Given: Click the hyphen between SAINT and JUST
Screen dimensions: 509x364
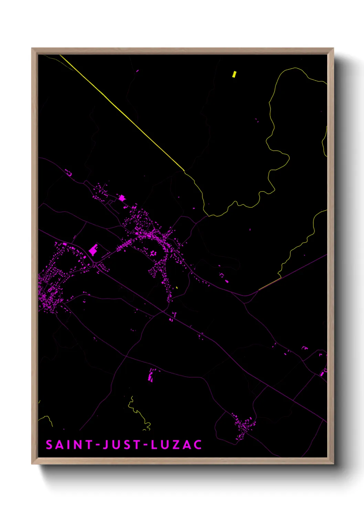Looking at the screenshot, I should [x=98, y=445].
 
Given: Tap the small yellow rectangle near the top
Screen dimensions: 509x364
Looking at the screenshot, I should [x=234, y=74].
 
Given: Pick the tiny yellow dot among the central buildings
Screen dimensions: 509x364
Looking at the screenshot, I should [x=176, y=288].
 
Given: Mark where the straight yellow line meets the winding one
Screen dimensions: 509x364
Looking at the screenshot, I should [x=184, y=171].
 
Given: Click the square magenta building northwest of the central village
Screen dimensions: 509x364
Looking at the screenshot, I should [x=121, y=198].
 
